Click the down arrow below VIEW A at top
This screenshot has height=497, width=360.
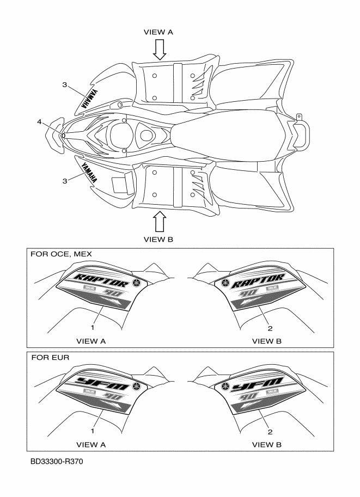(158, 49)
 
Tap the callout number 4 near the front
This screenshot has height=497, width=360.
(40, 122)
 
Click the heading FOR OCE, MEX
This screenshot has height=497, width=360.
(62, 254)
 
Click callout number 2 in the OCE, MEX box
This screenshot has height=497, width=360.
(270, 328)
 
